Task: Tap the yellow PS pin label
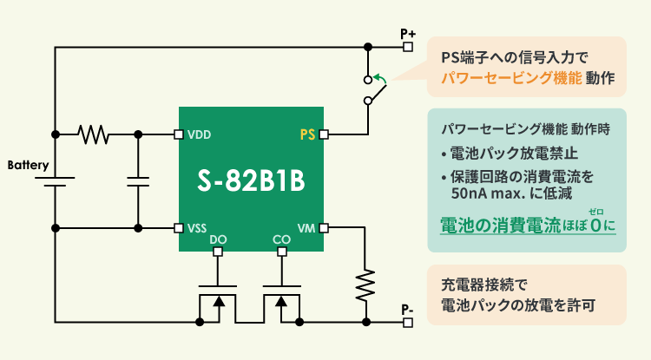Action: pyautogui.click(x=307, y=134)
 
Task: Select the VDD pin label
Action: pyautogui.click(x=200, y=134)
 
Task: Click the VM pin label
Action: pyautogui.click(x=306, y=228)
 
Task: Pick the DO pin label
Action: pyautogui.click(x=218, y=239)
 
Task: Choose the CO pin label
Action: pyautogui.click(x=281, y=239)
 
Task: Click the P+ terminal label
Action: pyautogui.click(x=409, y=33)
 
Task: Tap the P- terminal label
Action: pyautogui.click(x=408, y=309)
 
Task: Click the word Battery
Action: pyautogui.click(x=28, y=164)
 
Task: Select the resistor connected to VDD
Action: pyautogui.click(x=93, y=134)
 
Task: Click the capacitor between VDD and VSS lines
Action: pyautogui.click(x=139, y=181)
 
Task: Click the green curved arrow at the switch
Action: pyautogui.click(x=379, y=82)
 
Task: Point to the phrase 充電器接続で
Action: pyautogui.click(x=484, y=285)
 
